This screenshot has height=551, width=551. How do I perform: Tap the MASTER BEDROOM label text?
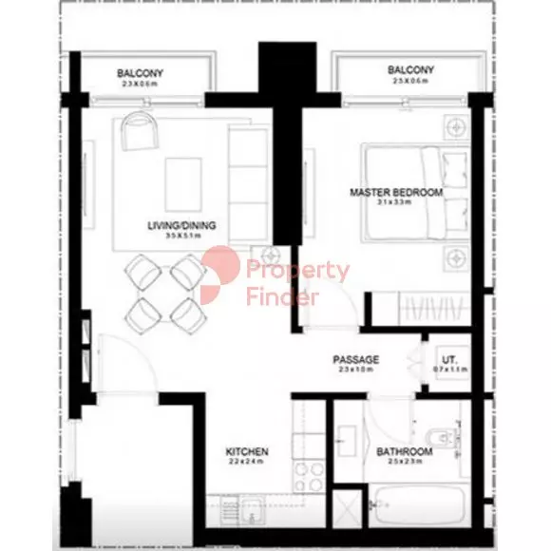pyautogui.click(x=396, y=193)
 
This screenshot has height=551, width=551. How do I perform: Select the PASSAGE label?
pyautogui.click(x=356, y=359)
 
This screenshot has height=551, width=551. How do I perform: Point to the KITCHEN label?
pyautogui.click(x=246, y=451)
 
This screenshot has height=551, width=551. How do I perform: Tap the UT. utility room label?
pyautogui.click(x=450, y=359)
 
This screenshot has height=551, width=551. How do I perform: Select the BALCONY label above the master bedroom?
pyautogui.click(x=411, y=70)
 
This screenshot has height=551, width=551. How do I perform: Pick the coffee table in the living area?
pyautogui.click(x=182, y=178)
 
